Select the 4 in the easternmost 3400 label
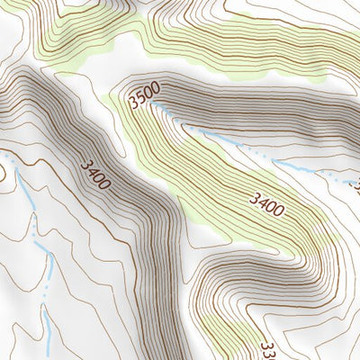264,202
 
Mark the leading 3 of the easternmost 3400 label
256,196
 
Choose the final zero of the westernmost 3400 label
105,184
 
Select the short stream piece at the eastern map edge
353,183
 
